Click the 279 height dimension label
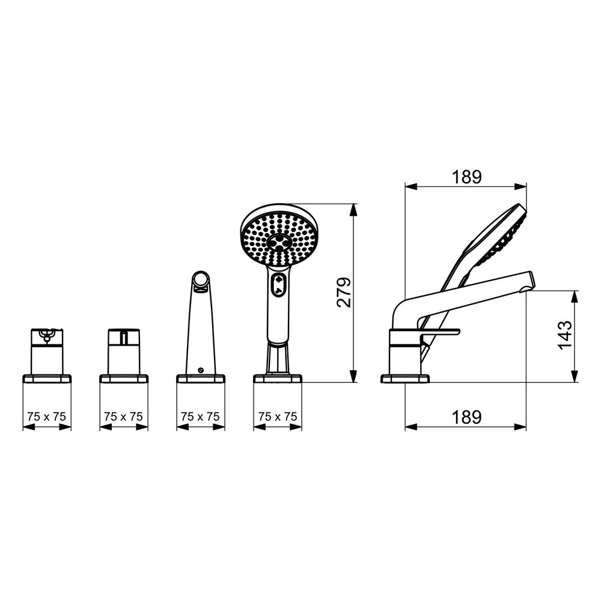[x=344, y=292]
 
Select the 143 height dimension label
[x=564, y=335]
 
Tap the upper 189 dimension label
[x=466, y=177]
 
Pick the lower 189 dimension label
[x=466, y=418]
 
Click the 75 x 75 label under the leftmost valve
[x=47, y=416]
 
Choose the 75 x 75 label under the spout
[x=201, y=416]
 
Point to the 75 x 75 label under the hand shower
[x=278, y=416]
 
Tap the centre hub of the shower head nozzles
[x=279, y=242]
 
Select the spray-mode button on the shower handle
[x=279, y=285]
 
